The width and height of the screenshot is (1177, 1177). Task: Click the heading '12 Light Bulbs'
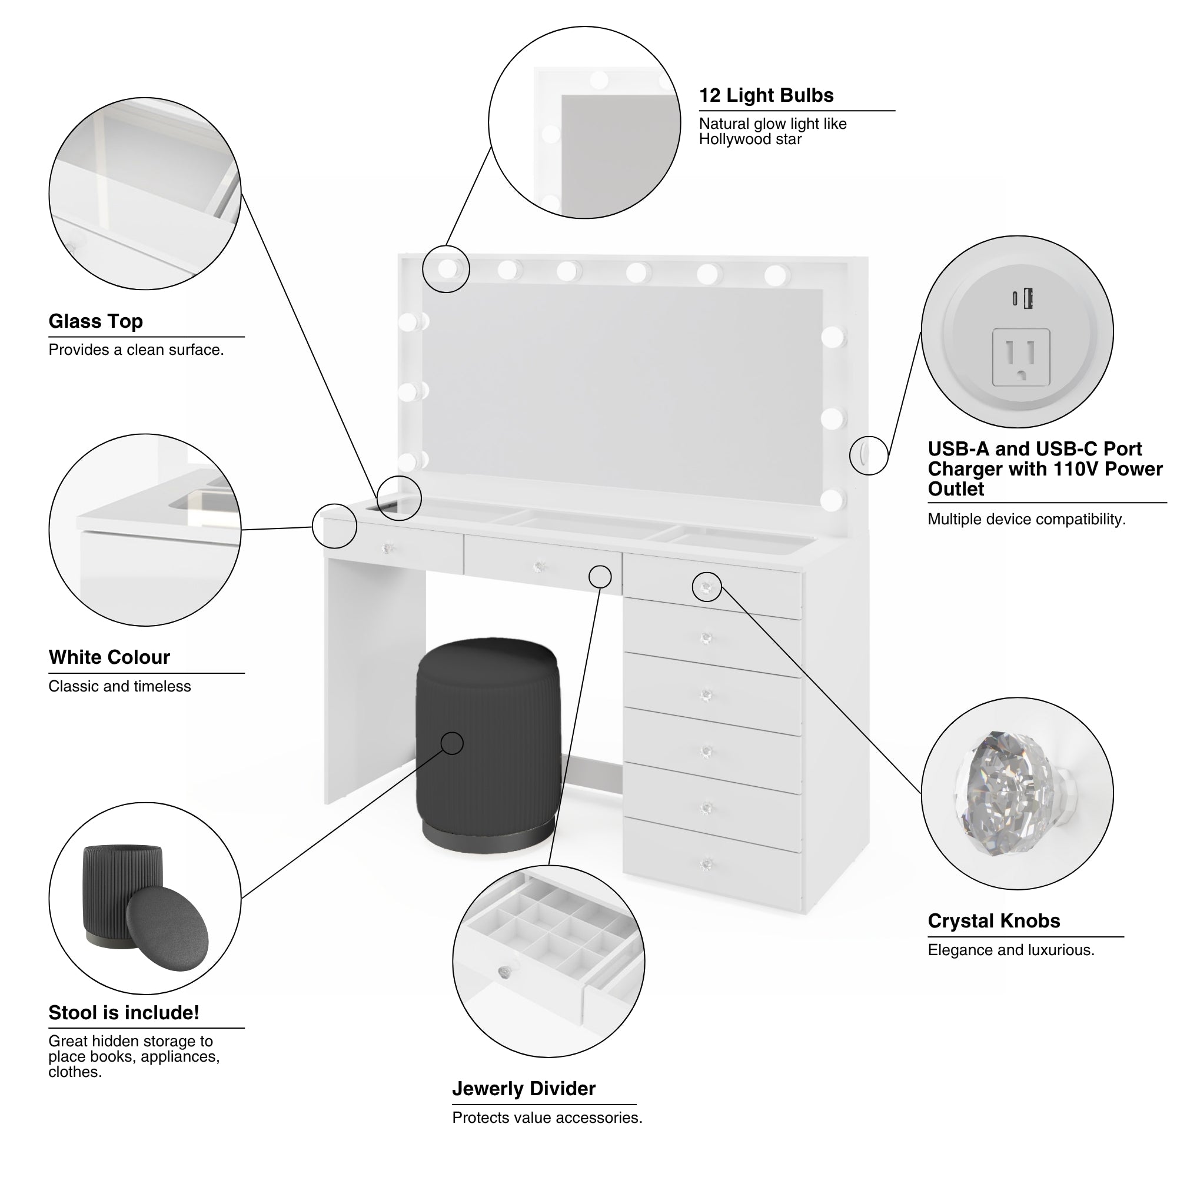[x=766, y=96]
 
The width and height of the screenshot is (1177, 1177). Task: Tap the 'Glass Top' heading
[x=96, y=321]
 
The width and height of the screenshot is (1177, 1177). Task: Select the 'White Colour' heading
[x=109, y=657]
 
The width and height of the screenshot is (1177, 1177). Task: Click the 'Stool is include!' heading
[x=124, y=1012]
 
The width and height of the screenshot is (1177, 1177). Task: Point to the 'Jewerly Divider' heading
[x=523, y=1089]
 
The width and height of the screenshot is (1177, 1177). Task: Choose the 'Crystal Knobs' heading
[x=993, y=921]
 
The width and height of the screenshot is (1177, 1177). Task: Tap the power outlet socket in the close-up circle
[x=1021, y=357]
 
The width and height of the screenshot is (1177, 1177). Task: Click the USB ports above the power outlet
[x=1023, y=298]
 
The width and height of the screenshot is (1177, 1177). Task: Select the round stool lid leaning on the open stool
[x=167, y=929]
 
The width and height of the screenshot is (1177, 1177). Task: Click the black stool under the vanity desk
[x=487, y=743]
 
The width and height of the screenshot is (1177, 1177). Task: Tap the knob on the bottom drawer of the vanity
[x=706, y=864]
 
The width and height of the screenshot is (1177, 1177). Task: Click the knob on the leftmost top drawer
[x=387, y=548]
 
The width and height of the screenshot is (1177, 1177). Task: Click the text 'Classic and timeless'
[x=119, y=687]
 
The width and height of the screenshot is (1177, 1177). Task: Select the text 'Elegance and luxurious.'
[x=1010, y=950]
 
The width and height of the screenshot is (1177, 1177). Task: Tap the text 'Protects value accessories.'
[x=547, y=1118]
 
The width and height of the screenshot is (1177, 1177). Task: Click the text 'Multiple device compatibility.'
[x=1026, y=520]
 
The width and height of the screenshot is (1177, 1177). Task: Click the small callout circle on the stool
[x=452, y=743]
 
